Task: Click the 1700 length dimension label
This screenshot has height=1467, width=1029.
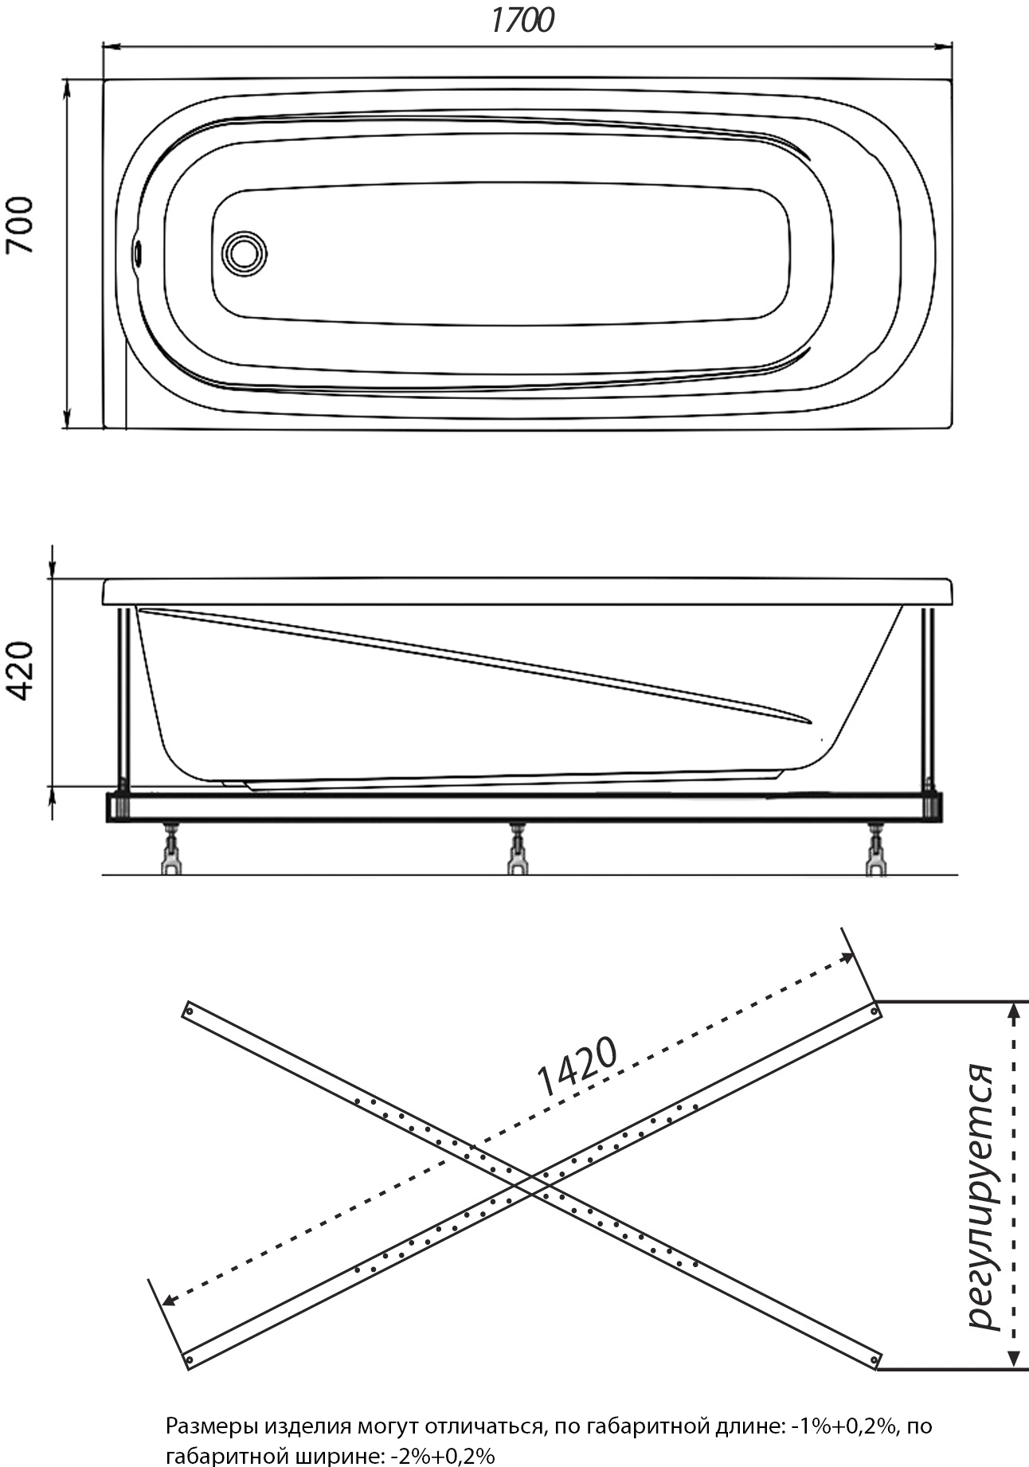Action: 522,21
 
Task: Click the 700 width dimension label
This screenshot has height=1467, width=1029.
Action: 21,225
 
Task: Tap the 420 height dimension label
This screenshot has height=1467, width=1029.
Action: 21,671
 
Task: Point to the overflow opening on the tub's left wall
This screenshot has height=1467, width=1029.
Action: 139,253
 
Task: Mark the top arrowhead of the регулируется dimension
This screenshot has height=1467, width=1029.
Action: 1013,1011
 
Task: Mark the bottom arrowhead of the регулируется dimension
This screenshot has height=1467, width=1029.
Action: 1013,1359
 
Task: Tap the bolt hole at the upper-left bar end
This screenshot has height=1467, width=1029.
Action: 190,1011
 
